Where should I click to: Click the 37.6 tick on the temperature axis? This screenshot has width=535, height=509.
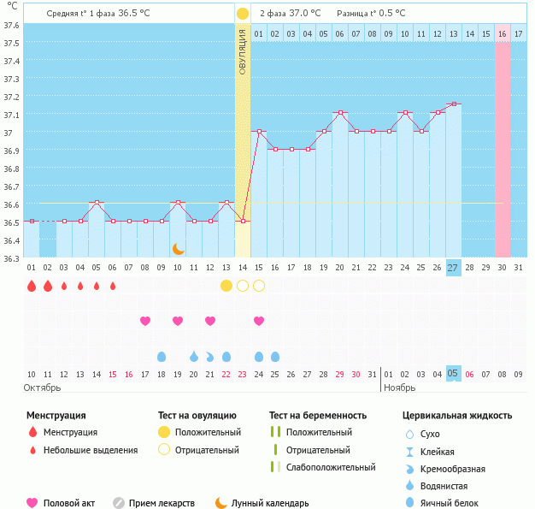[x=11, y=25]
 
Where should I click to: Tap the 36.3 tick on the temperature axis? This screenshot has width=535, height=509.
[x=11, y=258]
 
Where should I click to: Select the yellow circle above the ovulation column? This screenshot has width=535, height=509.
[x=243, y=14]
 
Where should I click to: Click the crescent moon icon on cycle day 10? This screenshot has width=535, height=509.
[x=178, y=248]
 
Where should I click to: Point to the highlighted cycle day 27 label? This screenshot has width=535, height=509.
[x=453, y=268]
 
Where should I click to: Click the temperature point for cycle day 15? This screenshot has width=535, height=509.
[x=259, y=132]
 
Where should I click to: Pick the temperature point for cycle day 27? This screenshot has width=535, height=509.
[x=453, y=104]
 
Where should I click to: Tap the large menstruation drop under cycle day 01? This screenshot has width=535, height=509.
[x=32, y=286]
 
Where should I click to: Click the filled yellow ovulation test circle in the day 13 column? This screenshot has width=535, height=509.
[x=226, y=286]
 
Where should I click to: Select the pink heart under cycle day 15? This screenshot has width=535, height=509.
[x=259, y=321]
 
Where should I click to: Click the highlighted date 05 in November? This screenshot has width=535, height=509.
[x=453, y=374]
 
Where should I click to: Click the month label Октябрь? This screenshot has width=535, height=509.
[x=44, y=388]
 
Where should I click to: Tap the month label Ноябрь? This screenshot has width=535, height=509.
[x=400, y=388]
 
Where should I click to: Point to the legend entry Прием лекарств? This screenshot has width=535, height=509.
[x=162, y=503]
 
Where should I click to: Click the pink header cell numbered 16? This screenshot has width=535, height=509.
[x=503, y=33]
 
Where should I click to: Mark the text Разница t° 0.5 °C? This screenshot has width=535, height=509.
[x=371, y=14]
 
